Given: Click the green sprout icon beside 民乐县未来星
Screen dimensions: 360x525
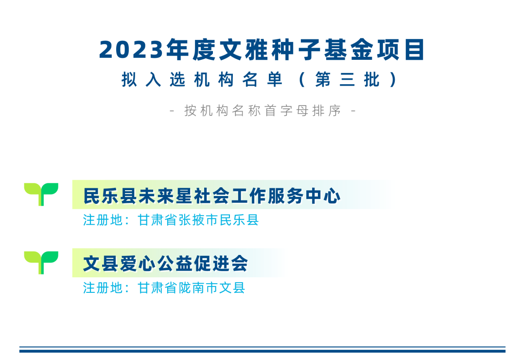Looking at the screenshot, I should [41, 194].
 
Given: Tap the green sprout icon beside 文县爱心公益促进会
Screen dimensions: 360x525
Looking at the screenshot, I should [41, 262].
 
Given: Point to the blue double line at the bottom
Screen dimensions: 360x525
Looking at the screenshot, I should [262, 350].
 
